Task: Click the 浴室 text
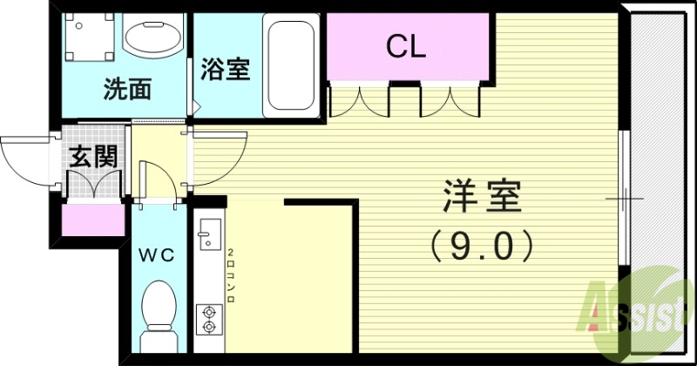click(x=225, y=69)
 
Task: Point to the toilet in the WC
click(x=159, y=308)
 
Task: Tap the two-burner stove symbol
click(x=208, y=317)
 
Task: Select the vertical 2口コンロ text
click(x=230, y=274)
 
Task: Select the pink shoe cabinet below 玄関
click(x=92, y=219)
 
